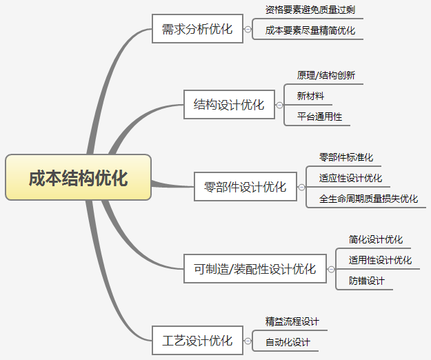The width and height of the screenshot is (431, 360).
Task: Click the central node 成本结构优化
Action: (x=78, y=178)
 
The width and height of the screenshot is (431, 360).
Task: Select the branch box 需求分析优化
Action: (x=197, y=30)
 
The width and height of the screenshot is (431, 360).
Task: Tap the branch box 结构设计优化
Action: (x=229, y=105)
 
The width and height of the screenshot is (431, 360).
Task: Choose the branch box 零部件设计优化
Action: (x=245, y=186)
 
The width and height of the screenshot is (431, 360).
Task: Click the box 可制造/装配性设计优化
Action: (x=254, y=268)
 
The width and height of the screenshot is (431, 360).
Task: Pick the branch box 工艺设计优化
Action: (x=197, y=340)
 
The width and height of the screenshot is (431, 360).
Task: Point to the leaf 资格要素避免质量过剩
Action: (x=310, y=10)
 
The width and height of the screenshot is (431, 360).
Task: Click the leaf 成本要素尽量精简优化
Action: (x=310, y=31)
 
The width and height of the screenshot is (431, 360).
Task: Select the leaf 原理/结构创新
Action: (x=325, y=75)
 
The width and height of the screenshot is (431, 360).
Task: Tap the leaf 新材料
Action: (x=310, y=96)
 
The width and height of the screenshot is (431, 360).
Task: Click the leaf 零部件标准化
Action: (x=345, y=157)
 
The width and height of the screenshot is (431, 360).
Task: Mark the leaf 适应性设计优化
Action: (x=350, y=178)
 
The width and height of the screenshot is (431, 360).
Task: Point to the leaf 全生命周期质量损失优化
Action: (x=368, y=199)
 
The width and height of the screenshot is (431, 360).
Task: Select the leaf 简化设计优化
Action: (x=375, y=239)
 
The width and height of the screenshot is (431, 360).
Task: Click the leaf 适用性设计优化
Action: (x=380, y=260)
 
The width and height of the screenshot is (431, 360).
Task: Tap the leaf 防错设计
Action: (x=366, y=281)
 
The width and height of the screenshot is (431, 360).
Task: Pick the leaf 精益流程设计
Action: (x=292, y=321)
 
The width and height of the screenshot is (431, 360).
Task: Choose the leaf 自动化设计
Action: (x=288, y=342)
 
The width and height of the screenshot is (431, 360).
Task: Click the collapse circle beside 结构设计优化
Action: (x=279, y=106)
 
